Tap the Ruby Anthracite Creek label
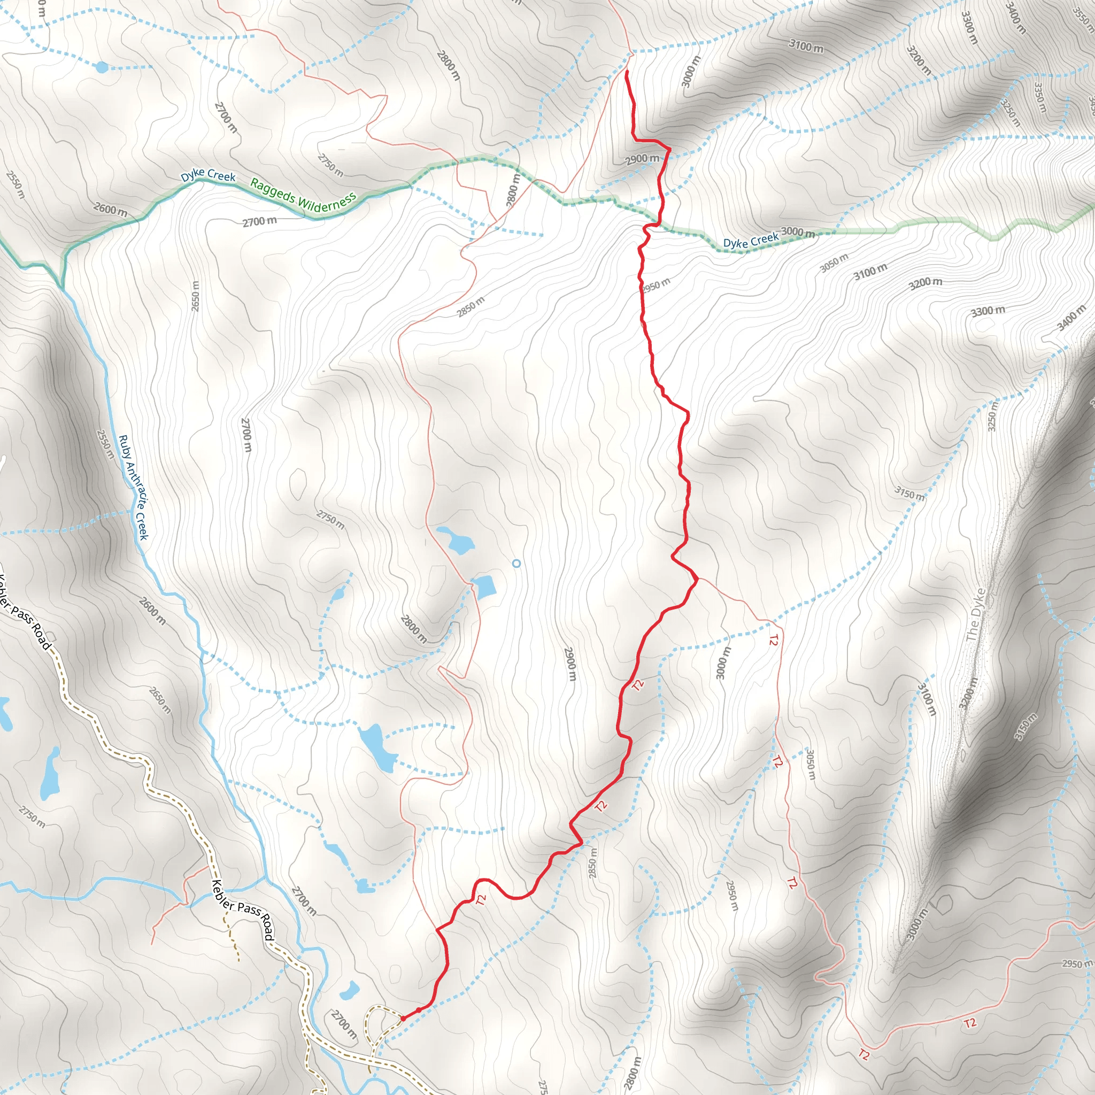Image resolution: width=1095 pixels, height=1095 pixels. (x=134, y=488)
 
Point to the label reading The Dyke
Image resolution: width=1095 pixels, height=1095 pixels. (x=974, y=614)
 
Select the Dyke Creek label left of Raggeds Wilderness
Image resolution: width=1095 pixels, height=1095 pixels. (x=208, y=175)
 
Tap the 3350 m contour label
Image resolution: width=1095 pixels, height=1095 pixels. (x=1038, y=97)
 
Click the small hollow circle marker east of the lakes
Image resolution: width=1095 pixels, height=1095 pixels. (x=516, y=564)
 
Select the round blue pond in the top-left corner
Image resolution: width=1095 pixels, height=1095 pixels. (x=102, y=67)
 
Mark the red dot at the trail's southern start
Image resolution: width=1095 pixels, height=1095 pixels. (x=403, y=1019)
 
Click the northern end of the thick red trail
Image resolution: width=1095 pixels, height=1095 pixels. (x=626, y=71)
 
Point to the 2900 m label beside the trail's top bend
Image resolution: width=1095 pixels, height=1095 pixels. (x=642, y=159)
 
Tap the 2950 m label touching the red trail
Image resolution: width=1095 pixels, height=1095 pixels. (x=657, y=284)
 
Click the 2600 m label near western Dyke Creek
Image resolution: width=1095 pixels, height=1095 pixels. (x=110, y=209)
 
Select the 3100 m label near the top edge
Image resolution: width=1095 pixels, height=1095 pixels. (x=806, y=46)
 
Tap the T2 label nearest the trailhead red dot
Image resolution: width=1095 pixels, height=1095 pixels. (x=481, y=899)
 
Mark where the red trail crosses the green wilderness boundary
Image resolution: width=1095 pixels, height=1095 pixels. (x=659, y=223)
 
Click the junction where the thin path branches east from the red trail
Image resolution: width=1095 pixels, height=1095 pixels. (x=697, y=578)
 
